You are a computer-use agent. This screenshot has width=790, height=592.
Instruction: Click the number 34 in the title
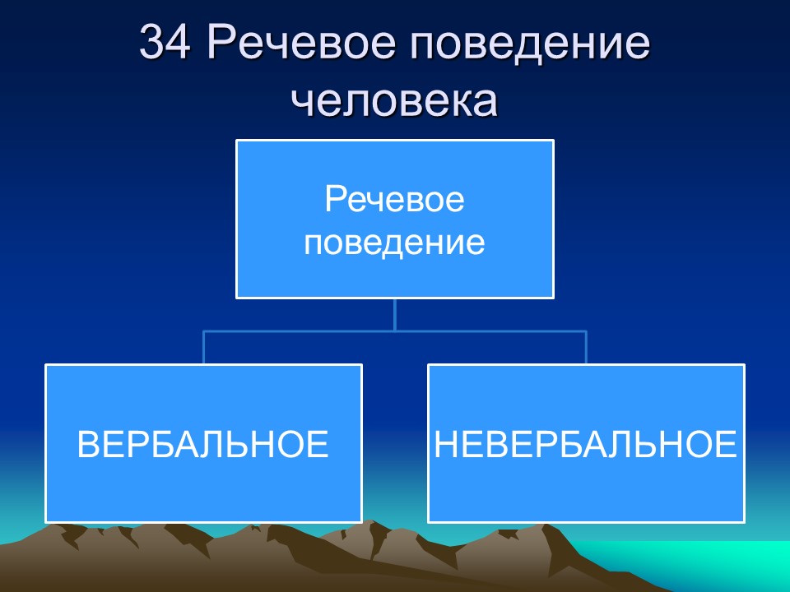167,44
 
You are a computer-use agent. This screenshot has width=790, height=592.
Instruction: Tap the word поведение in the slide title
526,44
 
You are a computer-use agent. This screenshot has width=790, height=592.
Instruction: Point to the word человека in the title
395,101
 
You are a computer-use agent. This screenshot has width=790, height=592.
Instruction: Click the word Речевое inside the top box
395,201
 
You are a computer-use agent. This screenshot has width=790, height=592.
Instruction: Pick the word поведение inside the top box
395,243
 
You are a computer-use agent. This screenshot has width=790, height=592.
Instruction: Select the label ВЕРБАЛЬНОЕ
202,445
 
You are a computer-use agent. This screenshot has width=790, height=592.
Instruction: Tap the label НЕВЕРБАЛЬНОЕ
585,445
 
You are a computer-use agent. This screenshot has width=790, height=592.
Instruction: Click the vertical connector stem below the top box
395,314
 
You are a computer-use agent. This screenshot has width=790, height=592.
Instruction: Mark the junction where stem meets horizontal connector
395,331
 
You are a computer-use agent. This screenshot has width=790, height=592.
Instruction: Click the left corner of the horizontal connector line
203,331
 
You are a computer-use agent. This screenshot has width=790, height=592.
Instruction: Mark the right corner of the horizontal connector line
586,331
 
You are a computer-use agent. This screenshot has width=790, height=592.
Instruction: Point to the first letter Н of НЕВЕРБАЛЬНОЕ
445,445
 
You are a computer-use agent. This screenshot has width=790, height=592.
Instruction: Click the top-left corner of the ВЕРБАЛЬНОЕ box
46,366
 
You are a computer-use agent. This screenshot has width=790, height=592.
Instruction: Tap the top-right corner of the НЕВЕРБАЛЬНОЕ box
744,366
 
